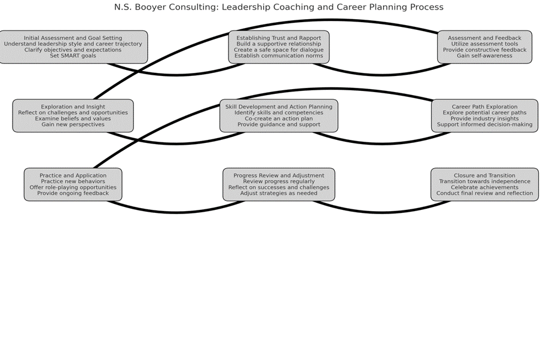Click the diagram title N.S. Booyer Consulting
(x=279, y=7)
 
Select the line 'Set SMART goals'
(x=73, y=56)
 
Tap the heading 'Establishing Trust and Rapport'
(x=279, y=38)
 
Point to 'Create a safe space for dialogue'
(x=279, y=50)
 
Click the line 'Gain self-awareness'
(x=484, y=56)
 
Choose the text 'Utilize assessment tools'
(x=484, y=44)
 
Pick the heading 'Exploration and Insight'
(x=73, y=106)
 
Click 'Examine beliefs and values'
(x=73, y=118)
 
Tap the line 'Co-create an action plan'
(x=279, y=118)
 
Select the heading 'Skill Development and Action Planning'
(x=279, y=106)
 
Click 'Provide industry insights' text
(x=484, y=118)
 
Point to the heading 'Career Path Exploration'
(x=484, y=106)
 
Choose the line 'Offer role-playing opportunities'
(x=73, y=187)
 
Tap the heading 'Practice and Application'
(x=73, y=175)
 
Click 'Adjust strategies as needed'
(x=279, y=193)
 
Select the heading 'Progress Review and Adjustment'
(x=279, y=175)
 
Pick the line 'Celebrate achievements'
(x=484, y=187)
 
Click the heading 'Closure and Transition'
(x=484, y=175)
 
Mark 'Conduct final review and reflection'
(x=484, y=193)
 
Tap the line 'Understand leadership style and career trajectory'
(x=73, y=44)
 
